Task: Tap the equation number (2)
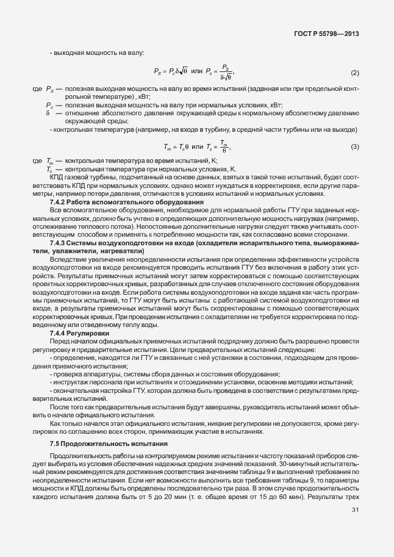tap(354, 73)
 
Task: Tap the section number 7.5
tap(54, 443)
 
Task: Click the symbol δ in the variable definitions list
tap(47, 113)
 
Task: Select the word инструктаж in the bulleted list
tap(70, 381)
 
